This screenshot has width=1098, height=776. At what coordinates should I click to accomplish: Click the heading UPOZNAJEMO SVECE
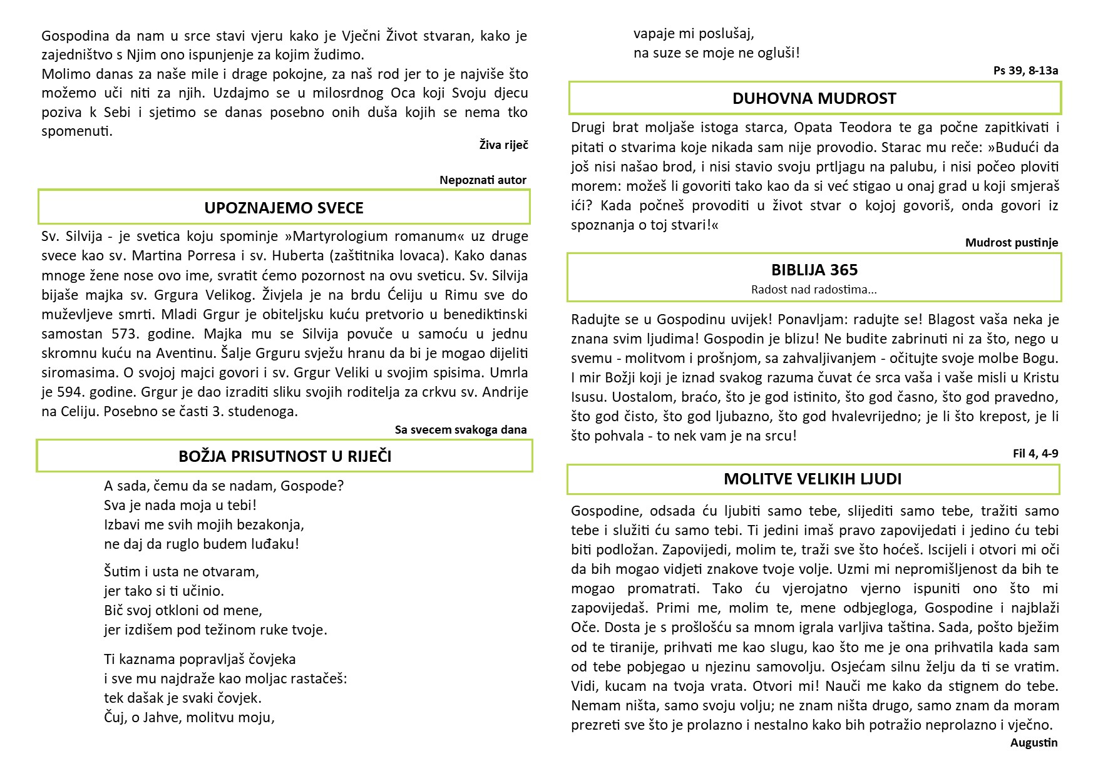coord(284,208)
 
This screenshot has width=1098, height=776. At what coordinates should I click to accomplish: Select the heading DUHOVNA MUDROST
coord(814,98)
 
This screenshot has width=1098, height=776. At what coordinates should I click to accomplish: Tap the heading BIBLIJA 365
coord(814,270)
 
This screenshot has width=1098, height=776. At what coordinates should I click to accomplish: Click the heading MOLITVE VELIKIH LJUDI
coord(813,479)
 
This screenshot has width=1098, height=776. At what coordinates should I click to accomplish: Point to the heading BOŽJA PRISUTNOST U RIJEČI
coord(285,456)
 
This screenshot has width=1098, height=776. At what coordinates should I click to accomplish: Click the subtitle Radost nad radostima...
coord(814,290)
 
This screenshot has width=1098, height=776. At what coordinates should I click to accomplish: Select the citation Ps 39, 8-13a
coord(1025,70)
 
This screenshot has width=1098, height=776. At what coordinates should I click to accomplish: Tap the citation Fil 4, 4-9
coord(1035,453)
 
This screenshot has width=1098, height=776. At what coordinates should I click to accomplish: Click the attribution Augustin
coord(1034,743)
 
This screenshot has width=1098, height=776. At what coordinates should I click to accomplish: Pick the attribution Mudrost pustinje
coord(1011,242)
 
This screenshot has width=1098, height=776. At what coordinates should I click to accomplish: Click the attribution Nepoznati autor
coord(483,180)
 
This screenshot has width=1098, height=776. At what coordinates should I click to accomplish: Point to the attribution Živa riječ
coord(503,145)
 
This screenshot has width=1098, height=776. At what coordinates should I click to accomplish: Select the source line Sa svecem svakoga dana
coord(461,429)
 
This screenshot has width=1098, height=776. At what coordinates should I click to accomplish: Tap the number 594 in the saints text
coord(74,392)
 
